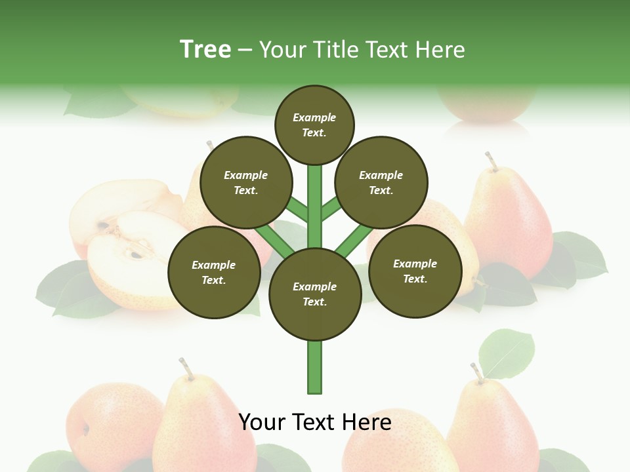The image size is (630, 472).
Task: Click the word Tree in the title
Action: coord(205,49)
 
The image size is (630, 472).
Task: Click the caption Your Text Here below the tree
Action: coord(314,422)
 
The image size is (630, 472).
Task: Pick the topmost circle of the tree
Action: coord(314,125)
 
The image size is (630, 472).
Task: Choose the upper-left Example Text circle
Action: coord(246,182)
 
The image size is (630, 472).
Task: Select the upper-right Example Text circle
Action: coord(381,182)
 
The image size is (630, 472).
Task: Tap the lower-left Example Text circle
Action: coord(214,272)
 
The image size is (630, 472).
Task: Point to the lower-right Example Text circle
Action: coord(415,271)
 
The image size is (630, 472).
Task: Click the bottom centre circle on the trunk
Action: coord(315,294)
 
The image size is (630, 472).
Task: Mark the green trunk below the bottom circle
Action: coord(315,367)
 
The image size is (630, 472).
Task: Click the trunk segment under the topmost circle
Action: coord(315,197)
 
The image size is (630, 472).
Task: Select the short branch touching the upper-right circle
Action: coord(330,209)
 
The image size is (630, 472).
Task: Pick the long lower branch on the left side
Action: coord(275,239)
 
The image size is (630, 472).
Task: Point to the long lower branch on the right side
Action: coord(353,239)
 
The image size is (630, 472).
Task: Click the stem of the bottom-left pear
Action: coord(186,368)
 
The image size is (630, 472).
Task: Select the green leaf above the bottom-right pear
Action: coord(506,353)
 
